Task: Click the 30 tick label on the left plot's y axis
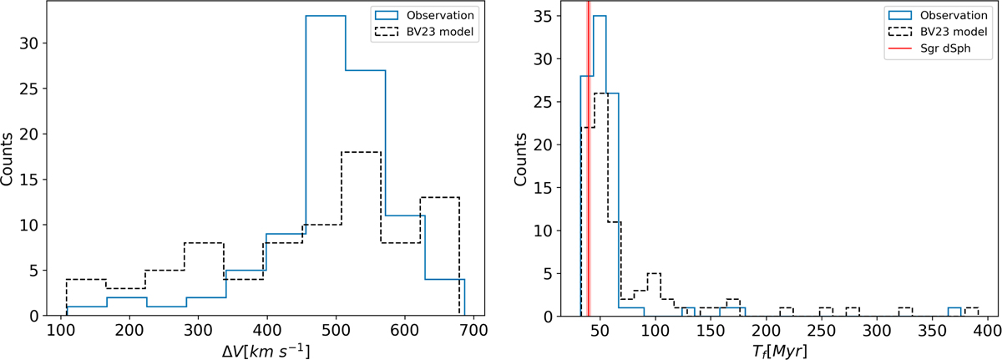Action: point(26,43)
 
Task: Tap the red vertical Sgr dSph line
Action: point(588,167)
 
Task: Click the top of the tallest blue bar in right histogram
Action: point(600,16)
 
